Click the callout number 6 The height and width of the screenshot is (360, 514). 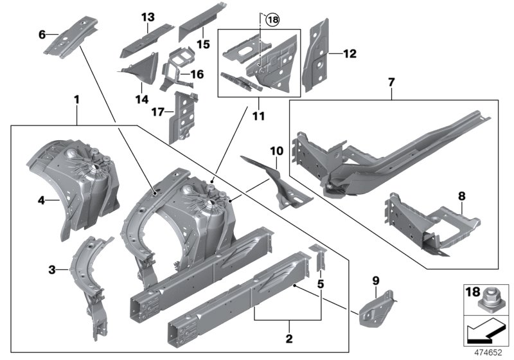(42, 34)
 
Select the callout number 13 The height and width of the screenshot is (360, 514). (148, 16)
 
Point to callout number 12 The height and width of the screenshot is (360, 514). (349, 54)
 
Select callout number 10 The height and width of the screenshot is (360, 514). (276, 150)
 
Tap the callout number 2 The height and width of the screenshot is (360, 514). (288, 338)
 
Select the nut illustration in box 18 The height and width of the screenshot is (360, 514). (490, 298)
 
